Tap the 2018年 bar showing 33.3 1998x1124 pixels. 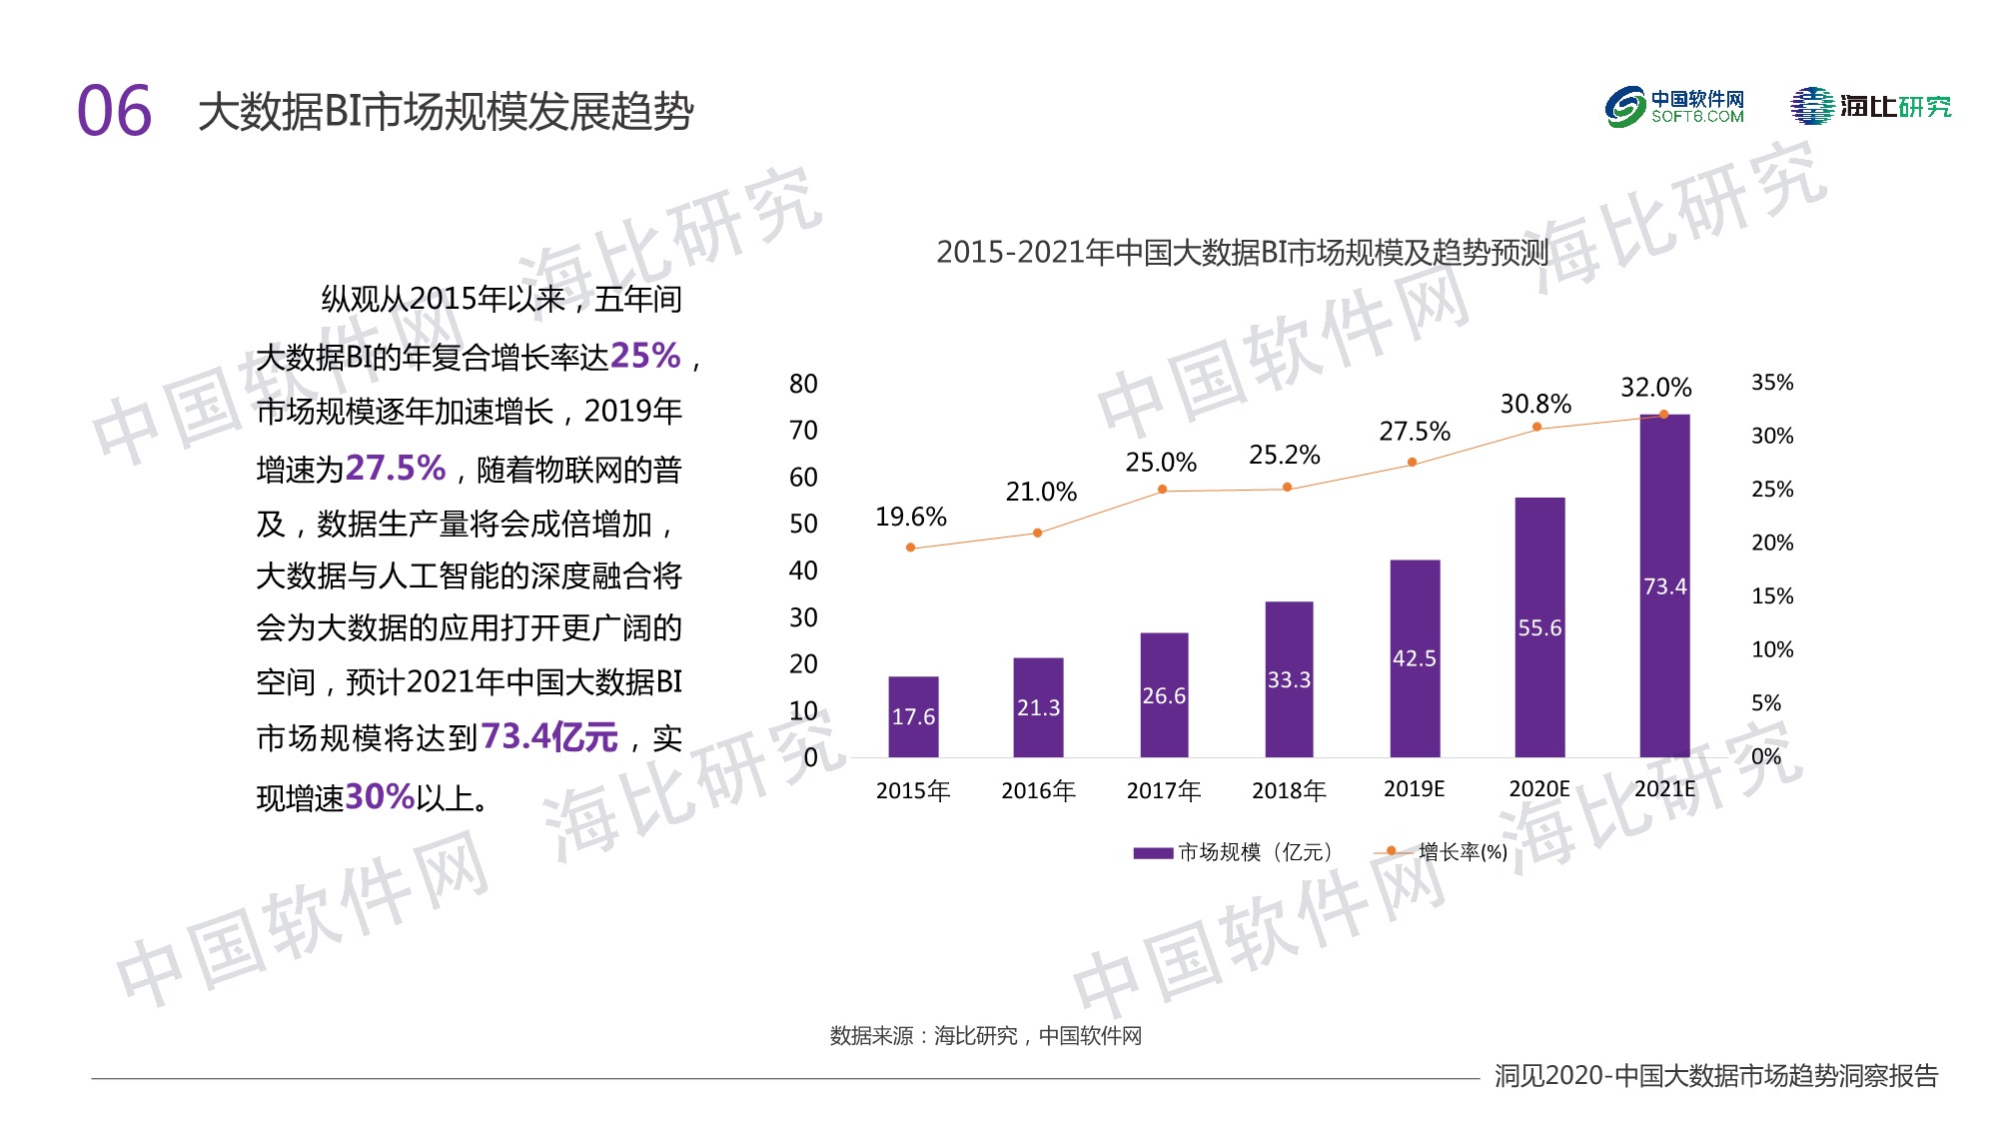tap(1289, 679)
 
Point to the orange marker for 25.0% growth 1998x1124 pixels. tap(1162, 490)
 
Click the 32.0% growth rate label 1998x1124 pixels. tap(1655, 388)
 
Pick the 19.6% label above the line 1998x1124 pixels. tap(910, 518)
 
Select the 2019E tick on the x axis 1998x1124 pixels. tap(1414, 789)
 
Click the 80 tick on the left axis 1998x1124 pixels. tap(803, 385)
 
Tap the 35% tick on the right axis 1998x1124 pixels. tap(1772, 383)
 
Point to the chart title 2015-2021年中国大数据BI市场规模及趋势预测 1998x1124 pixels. tap(1242, 253)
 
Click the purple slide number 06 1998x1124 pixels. tap(114, 111)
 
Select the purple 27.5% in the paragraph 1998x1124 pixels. tap(396, 468)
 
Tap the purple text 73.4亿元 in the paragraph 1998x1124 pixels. tap(549, 737)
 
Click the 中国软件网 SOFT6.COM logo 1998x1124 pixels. tap(1674, 107)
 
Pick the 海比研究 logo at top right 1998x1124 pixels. tap(1870, 107)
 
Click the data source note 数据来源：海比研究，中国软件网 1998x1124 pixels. tap(985, 1036)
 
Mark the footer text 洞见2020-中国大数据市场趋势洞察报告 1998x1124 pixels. tap(1715, 1076)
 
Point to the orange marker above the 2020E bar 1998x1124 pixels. tap(1536, 428)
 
